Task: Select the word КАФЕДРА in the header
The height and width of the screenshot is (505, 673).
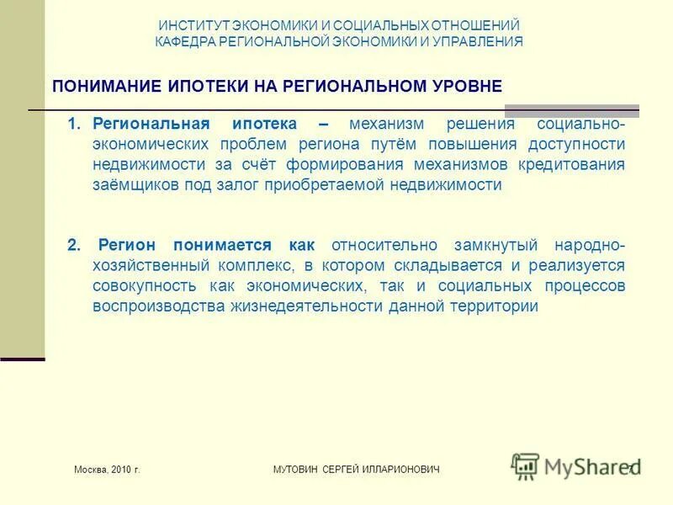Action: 183,41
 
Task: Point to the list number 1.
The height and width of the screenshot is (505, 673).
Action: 73,124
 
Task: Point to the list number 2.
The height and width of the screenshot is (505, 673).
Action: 73,245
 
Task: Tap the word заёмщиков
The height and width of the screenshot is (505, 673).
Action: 130,184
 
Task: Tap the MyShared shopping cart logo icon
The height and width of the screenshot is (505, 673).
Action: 526,465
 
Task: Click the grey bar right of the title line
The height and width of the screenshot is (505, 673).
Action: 571,110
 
